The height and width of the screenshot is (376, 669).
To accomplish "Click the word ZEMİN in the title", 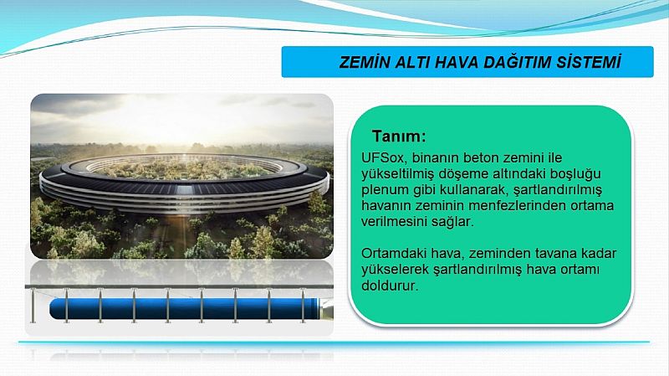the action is point(365,62).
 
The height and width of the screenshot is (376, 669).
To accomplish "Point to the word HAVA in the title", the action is point(456,62).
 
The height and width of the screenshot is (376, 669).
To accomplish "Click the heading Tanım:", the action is point(399,136).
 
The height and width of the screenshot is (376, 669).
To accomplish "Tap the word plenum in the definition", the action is point(385,190).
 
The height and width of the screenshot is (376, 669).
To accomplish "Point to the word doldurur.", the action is point(390,286).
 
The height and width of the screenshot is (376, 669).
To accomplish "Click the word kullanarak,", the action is point(473,190).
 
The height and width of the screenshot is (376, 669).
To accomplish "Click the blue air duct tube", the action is point(184,308).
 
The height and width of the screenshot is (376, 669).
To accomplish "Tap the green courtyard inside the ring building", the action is point(183,169).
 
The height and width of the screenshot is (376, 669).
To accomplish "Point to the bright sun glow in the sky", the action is point(179,116).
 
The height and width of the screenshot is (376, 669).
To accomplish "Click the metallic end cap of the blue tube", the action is point(326,309).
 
